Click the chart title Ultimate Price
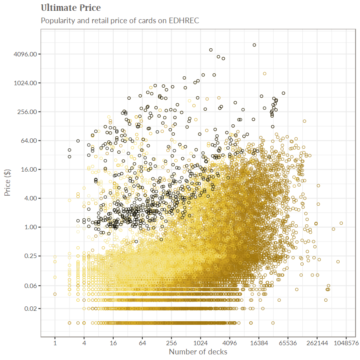tap(71, 8)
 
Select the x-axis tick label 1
tap(55, 343)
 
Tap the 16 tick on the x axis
tap(113, 343)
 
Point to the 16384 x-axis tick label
tap(258, 343)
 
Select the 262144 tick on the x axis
tap(317, 343)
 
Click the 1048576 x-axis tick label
tap(346, 343)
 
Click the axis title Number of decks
tap(198, 352)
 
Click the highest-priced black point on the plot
tap(254, 45)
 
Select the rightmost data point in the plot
tap(341, 223)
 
